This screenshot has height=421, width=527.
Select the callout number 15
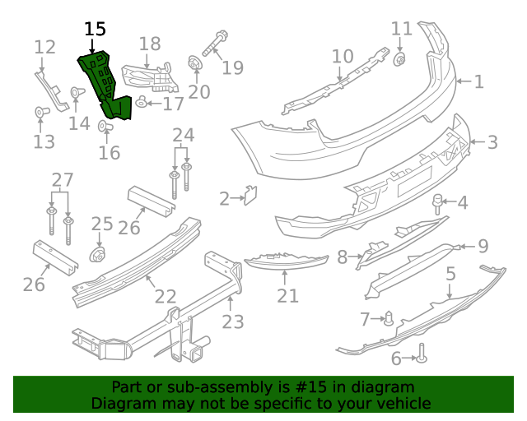[95, 29]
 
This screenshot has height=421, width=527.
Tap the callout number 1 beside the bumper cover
[478, 81]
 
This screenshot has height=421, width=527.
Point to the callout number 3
[492, 142]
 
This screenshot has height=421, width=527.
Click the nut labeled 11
[401, 58]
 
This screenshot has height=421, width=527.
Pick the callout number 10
[343, 57]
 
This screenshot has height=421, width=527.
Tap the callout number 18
[150, 44]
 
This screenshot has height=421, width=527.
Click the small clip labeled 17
[142, 103]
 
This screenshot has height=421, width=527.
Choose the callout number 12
[44, 46]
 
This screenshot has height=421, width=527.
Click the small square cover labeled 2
[251, 196]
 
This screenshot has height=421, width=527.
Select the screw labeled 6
[422, 354]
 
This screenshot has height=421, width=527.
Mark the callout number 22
[166, 296]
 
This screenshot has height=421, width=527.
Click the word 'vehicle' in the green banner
[403, 404]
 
